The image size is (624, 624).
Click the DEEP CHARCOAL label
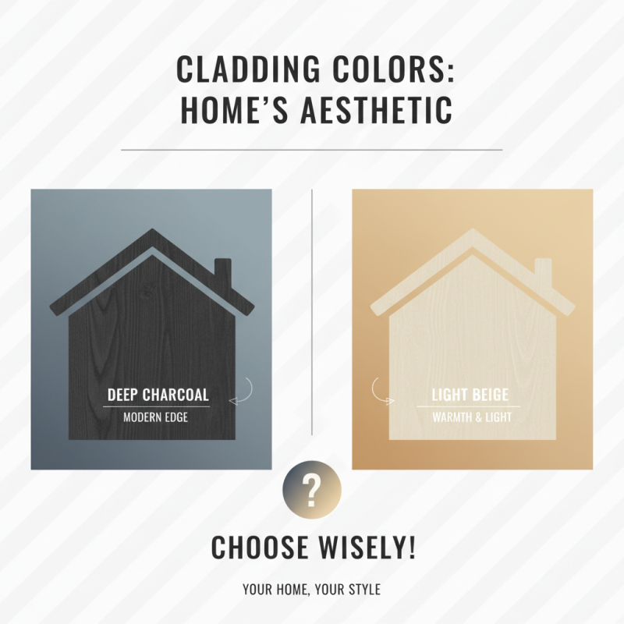pos(158,395)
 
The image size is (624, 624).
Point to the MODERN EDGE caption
pos(155,417)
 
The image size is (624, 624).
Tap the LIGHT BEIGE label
pos(471,395)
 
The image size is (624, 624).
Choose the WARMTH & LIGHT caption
pos(472,417)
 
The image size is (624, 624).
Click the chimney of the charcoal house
pos(222,271)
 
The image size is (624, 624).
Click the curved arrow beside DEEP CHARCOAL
pos(243,390)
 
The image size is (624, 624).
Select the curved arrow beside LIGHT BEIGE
pos(382,392)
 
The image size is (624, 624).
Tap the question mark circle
pos(311,491)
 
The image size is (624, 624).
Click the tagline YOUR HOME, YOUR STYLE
pos(311,589)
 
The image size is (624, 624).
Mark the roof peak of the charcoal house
pos(153,232)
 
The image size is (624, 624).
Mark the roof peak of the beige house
pos(472,232)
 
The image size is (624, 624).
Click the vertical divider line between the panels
pos(312,312)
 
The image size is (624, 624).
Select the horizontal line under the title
pos(312,149)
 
